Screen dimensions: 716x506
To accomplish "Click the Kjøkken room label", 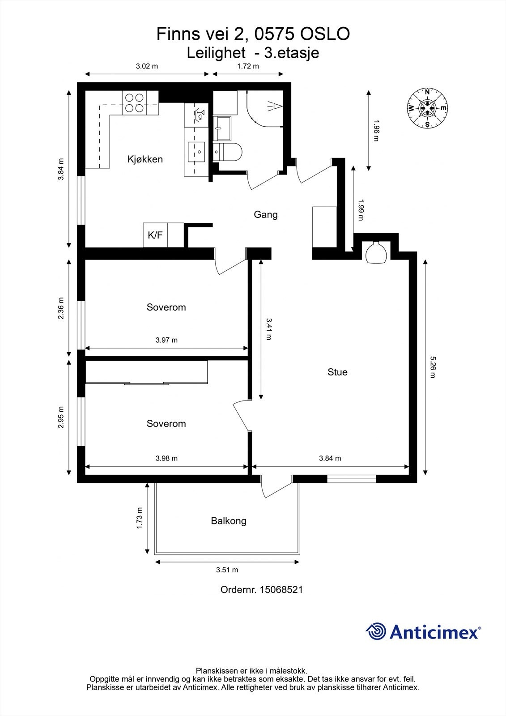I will click(145, 159).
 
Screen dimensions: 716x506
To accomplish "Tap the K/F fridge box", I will click(155, 235).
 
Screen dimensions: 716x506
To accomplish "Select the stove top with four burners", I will click(134, 102).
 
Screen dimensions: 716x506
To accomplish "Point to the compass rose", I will click(428, 108).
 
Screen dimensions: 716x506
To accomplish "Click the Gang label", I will click(266, 215).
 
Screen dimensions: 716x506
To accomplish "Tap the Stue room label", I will click(337, 372).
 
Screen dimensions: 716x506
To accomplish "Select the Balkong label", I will click(229, 521).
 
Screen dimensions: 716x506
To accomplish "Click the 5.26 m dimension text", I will click(433, 367).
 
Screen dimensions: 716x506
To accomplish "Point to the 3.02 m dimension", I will click(147, 66).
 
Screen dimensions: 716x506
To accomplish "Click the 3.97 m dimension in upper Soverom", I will click(166, 340).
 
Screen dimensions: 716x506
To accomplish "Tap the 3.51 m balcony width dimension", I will click(227, 570).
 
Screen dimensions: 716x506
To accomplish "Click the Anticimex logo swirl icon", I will click(376, 631).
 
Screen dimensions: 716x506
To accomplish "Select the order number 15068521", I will click(281, 590).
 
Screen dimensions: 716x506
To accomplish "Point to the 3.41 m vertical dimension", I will click(269, 329).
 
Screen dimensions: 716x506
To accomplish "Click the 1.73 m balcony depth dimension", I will click(139, 518).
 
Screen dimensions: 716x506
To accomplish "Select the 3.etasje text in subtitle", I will click(291, 53).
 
